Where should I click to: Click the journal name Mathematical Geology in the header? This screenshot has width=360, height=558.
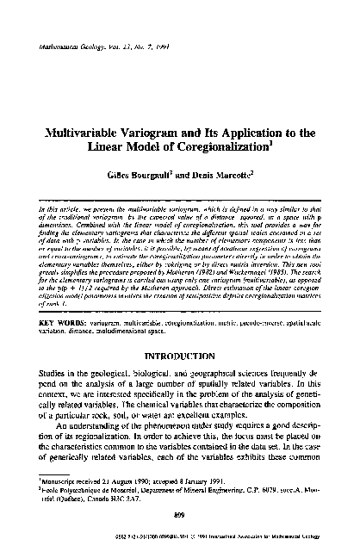click(x=65, y=46)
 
